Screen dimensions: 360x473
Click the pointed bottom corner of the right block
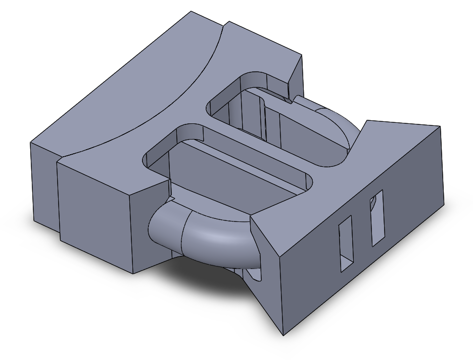tap(283, 334)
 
